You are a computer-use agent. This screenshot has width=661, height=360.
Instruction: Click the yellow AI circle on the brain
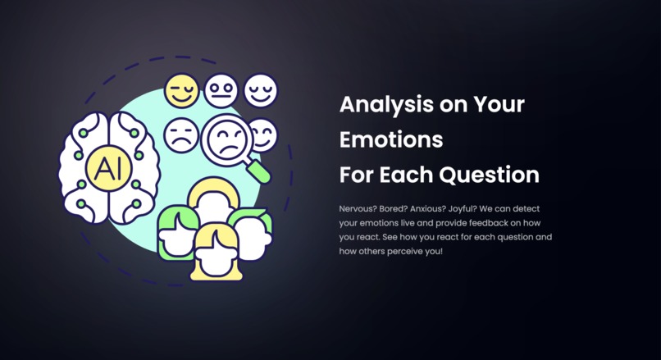pos(103,169)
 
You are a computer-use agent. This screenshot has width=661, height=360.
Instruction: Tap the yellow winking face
pos(181,91)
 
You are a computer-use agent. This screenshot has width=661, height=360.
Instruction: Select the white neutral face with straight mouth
pos(221,90)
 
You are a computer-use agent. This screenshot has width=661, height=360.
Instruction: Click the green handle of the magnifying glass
pos(260,171)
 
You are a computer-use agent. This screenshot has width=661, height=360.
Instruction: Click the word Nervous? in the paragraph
pos(360,209)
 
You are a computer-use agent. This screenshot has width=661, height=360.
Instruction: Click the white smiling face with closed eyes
pos(261,90)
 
